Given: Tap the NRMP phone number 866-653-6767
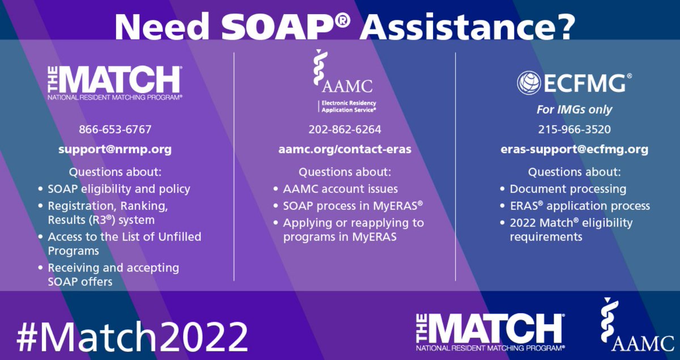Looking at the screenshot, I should [x=115, y=129].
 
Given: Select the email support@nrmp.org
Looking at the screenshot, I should [x=115, y=150].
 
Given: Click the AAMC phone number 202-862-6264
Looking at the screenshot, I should [x=345, y=129].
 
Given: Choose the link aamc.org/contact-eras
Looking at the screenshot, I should [x=345, y=150].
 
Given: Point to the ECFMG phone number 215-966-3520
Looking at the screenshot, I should [x=574, y=129].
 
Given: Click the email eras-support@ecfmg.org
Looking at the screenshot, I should [x=574, y=150].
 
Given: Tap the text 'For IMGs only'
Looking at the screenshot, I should [x=574, y=109].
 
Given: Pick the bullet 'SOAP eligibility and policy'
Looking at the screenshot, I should [x=119, y=189].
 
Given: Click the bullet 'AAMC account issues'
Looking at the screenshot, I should [x=340, y=189].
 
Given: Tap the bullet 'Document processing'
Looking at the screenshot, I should [x=568, y=189].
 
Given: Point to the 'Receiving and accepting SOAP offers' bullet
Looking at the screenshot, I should [x=113, y=274].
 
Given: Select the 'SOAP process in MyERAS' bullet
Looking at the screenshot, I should [x=353, y=205].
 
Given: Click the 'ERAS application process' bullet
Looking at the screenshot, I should [x=580, y=205].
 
